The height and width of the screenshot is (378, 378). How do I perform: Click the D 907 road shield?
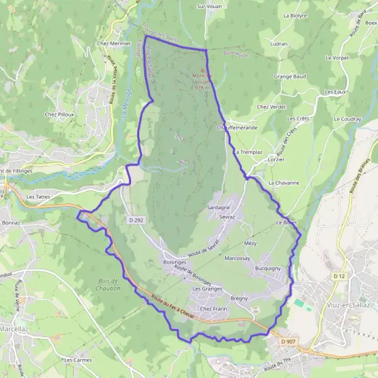point(288,341)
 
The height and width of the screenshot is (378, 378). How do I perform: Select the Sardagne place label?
point(219,207)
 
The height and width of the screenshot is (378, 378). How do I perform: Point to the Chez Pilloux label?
point(60,115)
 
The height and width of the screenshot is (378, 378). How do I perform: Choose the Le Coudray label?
point(347,118)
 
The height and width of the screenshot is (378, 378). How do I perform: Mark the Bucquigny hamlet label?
point(268,268)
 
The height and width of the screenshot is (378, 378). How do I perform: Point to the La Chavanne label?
point(283,183)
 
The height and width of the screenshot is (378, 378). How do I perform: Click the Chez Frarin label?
point(213,309)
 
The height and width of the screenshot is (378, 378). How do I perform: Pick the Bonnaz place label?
point(11,222)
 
